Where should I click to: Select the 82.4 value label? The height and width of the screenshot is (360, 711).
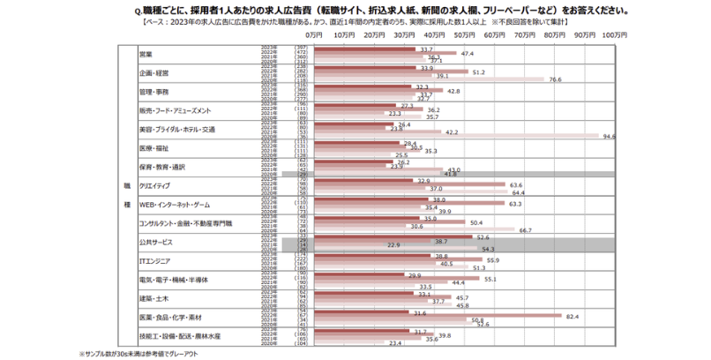pos(572,315)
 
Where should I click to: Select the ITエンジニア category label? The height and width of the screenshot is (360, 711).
pos(157,260)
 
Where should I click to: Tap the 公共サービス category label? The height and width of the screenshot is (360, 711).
pos(156,241)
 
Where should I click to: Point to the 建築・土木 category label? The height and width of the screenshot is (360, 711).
pos(154,297)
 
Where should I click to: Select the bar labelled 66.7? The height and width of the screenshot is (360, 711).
pos(415,229)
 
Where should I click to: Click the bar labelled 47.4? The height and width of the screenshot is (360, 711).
pos(385,54)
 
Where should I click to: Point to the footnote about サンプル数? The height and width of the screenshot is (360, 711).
pos(141,354)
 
